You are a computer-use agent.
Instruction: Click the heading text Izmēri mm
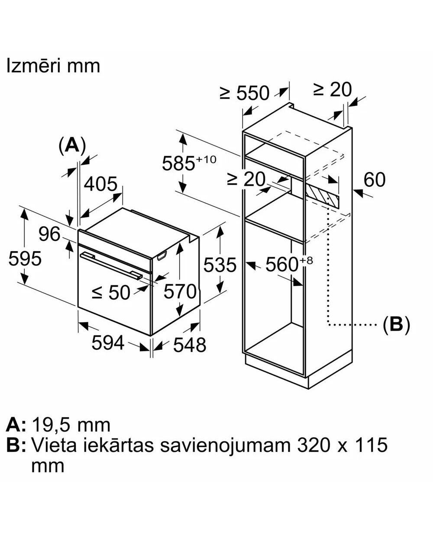click(53, 66)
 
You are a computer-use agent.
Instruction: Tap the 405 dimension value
click(100, 184)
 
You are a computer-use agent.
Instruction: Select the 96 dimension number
click(49, 234)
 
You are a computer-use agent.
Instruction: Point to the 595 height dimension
click(25, 259)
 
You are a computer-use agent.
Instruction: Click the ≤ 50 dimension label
click(111, 292)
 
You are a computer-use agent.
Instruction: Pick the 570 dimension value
click(180, 292)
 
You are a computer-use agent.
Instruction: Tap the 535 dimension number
click(220, 265)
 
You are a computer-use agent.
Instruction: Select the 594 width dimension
click(108, 343)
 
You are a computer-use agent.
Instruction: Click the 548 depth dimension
click(189, 345)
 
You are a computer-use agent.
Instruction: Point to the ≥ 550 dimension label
click(245, 93)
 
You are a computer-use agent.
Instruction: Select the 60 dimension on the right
click(375, 179)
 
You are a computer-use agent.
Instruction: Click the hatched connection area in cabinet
click(322, 193)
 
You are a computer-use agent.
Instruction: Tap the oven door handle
click(111, 263)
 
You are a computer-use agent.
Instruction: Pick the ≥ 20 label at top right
click(333, 90)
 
